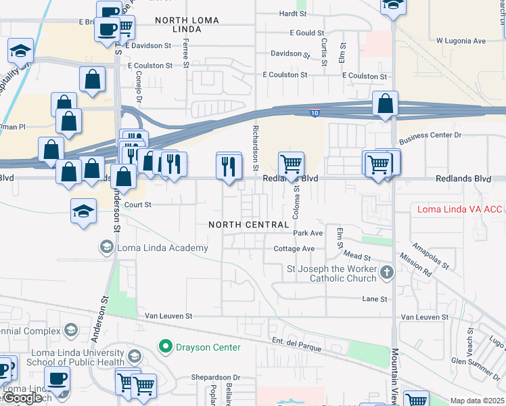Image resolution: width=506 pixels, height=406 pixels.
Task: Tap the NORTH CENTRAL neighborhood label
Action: coord(239,224)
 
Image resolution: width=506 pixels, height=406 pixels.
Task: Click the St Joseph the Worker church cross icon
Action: coord(386,273)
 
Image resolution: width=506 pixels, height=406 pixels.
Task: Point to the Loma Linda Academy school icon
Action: coord(106,248)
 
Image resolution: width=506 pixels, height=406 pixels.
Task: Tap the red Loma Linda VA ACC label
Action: coord(459,209)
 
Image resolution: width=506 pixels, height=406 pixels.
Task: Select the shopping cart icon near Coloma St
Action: coord(291,164)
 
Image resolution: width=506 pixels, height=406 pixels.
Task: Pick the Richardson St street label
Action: coord(256,147)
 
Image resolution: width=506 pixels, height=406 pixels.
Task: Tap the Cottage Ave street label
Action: coord(294,249)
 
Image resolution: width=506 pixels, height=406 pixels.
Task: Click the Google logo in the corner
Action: coord(22,398)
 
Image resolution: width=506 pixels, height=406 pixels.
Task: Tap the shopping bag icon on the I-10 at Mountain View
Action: coord(385,104)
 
